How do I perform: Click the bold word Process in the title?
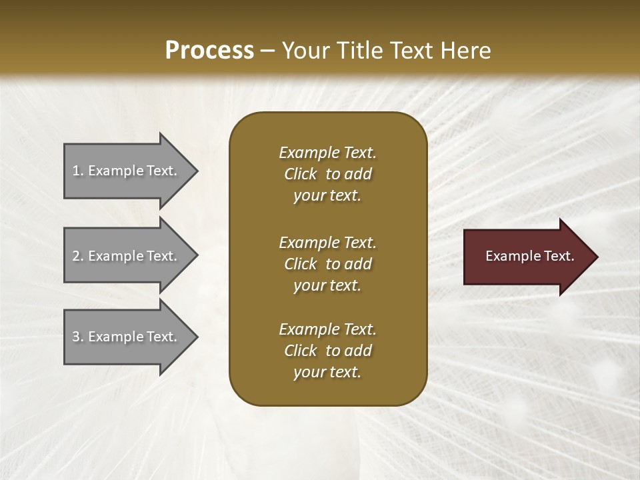[209, 50]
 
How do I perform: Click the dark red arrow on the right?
[527, 256]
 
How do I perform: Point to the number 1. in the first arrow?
[78, 171]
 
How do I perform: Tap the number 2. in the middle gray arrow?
[78, 256]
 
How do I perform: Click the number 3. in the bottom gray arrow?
[78, 337]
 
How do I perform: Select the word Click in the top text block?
[301, 174]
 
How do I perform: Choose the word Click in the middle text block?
[301, 264]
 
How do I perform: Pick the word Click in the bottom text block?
[301, 351]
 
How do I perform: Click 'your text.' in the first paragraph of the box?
[327, 196]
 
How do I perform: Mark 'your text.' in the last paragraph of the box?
[327, 373]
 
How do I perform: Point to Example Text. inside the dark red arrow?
[530, 256]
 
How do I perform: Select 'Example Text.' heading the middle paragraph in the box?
[327, 243]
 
